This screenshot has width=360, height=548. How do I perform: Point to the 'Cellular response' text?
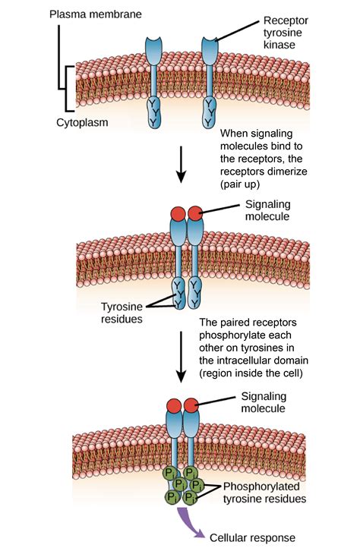click(252, 537)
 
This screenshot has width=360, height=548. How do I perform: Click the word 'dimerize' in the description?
click(292, 171)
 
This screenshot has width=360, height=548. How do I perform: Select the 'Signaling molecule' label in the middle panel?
click(269, 210)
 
